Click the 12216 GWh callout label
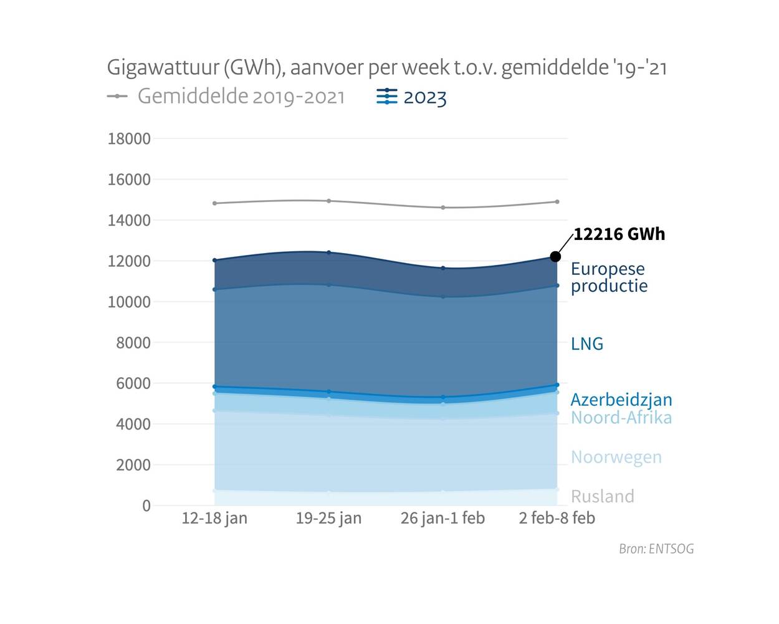click(x=619, y=234)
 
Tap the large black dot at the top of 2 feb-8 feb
click(x=556, y=256)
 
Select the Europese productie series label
click(x=609, y=277)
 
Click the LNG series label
click(x=587, y=343)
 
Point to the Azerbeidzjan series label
click(x=621, y=400)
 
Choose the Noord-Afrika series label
click(x=621, y=418)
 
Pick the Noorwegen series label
click(x=616, y=457)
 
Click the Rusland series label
click(x=603, y=496)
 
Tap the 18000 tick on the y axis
click(x=129, y=139)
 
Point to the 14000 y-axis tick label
click(x=129, y=221)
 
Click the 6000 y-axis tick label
click(x=133, y=383)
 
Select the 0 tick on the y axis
click(x=146, y=506)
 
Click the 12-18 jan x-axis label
click(x=214, y=518)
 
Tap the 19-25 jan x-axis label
click(x=328, y=518)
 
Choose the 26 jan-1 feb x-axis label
click(x=442, y=518)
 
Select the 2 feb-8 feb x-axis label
click(x=557, y=518)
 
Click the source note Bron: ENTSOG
click(x=656, y=549)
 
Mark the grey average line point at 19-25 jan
click(x=329, y=201)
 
